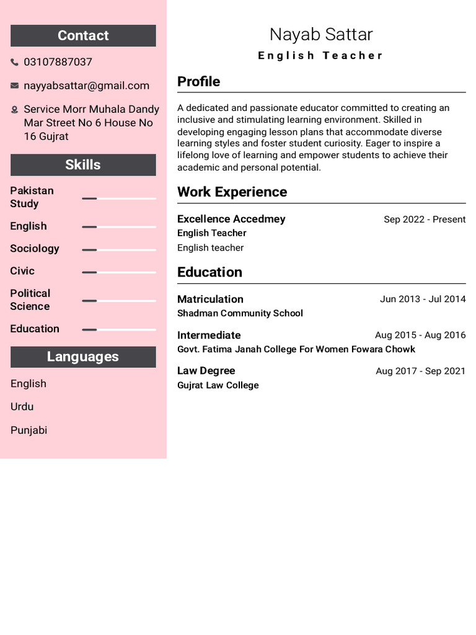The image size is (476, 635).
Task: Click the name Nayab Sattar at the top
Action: click(321, 35)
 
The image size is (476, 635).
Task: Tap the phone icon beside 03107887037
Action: click(15, 62)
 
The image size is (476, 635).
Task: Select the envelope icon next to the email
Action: click(15, 86)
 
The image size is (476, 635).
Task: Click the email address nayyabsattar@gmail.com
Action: click(86, 86)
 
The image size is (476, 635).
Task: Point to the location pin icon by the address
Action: click(15, 110)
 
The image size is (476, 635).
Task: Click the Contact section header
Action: click(83, 36)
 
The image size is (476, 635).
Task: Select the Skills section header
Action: click(83, 165)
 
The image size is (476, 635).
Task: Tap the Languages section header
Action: click(83, 357)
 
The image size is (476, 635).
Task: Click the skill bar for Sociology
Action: click(118, 250)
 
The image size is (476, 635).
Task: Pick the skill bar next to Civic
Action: click(118, 272)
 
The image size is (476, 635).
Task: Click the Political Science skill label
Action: click(30, 300)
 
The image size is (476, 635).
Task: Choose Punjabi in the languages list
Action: click(29, 430)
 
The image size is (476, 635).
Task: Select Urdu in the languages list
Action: click(22, 407)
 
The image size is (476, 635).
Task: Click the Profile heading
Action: click(198, 82)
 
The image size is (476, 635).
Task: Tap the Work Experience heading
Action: click(232, 192)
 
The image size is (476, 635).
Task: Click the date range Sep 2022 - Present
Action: click(425, 220)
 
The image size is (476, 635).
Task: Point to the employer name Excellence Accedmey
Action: click(231, 219)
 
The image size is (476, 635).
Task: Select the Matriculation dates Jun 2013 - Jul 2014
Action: click(423, 299)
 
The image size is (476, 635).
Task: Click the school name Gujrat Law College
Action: click(218, 385)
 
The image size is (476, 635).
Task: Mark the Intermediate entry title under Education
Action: click(209, 335)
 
